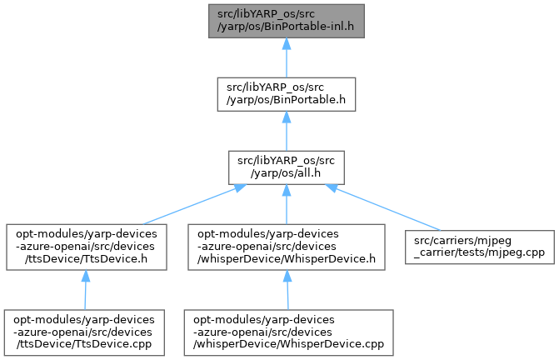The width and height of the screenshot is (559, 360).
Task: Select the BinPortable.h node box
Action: pyautogui.click(x=287, y=94)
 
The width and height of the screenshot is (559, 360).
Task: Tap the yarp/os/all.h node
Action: pyautogui.click(x=287, y=167)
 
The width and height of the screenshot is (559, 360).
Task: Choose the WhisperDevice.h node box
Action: pyautogui.click(x=287, y=247)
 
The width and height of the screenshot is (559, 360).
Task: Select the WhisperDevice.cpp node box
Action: pyautogui.click(x=287, y=332)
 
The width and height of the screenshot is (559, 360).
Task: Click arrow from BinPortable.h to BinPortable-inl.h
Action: pyautogui.click(x=287, y=58)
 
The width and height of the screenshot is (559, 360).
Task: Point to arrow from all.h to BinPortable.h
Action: pyautogui.click(x=287, y=132)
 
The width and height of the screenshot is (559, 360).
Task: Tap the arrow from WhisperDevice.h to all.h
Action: pyautogui.click(x=287, y=205)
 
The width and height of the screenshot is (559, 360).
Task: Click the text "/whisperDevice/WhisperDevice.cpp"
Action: pyautogui.click(x=287, y=343)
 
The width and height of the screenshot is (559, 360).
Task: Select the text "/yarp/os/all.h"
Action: pyautogui.click(x=287, y=173)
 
